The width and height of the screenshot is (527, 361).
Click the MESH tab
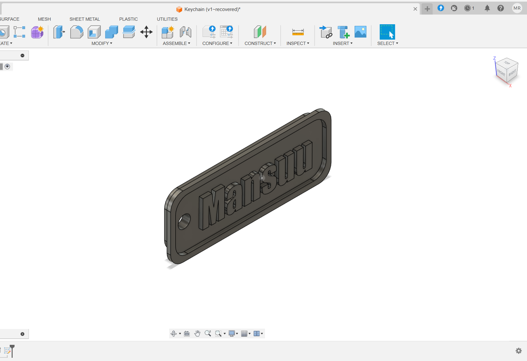pyautogui.click(x=44, y=19)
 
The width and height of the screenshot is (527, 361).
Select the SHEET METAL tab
pyautogui.click(x=85, y=19)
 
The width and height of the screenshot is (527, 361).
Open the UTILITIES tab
pyautogui.click(x=167, y=19)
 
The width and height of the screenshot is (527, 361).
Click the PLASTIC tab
pyautogui.click(x=128, y=19)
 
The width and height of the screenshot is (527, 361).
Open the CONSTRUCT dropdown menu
pyautogui.click(x=260, y=43)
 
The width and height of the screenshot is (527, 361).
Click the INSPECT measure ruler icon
pyautogui.click(x=298, y=32)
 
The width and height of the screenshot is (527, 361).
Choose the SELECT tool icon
pyautogui.click(x=387, y=32)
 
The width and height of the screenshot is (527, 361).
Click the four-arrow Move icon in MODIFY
pyautogui.click(x=146, y=32)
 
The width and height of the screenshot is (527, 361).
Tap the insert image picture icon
pyautogui.click(x=360, y=32)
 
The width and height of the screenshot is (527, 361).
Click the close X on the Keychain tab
pyautogui.click(x=415, y=9)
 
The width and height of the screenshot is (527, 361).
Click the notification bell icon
pyautogui.click(x=487, y=8)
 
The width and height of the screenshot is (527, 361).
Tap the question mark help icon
pyautogui.click(x=500, y=8)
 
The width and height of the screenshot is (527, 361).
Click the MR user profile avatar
pyautogui.click(x=517, y=8)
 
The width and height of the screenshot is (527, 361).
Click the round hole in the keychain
pyautogui.click(x=184, y=221)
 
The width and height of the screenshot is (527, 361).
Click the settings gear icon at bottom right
pyautogui.click(x=519, y=351)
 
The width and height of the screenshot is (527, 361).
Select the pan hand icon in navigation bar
pyautogui.click(x=197, y=334)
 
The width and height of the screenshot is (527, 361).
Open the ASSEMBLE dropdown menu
pyautogui.click(x=176, y=43)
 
